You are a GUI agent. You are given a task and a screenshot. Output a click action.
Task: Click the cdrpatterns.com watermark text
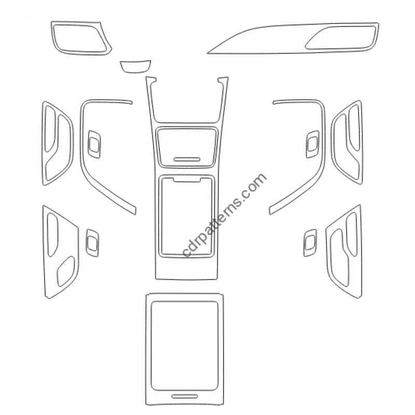tap(225, 215)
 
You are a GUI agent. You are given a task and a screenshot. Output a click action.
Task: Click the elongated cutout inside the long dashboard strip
tap(341, 37)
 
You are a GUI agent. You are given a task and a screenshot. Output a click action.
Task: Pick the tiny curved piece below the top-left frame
tap(135, 66)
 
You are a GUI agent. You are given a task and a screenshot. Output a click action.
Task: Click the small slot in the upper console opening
tap(187, 159)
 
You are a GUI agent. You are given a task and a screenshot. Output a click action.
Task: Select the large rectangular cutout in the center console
tap(187, 216)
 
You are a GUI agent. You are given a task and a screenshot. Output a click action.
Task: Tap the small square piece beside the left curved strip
tap(94, 145)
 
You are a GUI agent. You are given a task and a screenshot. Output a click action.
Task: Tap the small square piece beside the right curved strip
tap(313, 144)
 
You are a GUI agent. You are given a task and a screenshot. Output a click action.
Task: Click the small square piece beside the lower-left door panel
tap(92, 243)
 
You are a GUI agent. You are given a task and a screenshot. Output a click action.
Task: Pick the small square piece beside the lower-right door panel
tap(310, 243)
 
